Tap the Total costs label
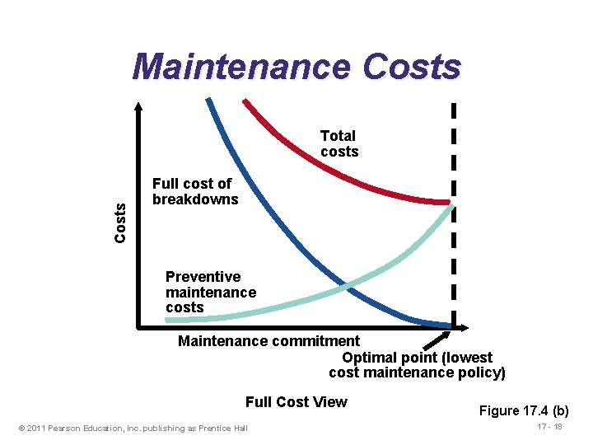(x=339, y=143)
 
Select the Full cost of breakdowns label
(x=194, y=191)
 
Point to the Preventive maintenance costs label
(x=210, y=292)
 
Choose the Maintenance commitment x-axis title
(x=268, y=340)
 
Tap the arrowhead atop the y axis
(x=138, y=106)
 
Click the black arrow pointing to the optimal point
(x=437, y=340)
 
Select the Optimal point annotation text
(x=417, y=365)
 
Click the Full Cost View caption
(x=296, y=402)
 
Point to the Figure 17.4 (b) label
(x=525, y=410)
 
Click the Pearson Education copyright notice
(x=132, y=428)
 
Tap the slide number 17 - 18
(x=549, y=427)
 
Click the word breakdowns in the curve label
(x=195, y=199)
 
